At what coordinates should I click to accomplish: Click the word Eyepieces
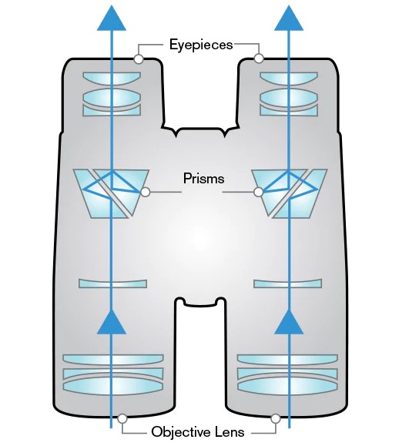tap(201, 45)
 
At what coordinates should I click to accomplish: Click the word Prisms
tap(203, 179)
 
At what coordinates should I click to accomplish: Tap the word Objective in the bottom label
tap(180, 431)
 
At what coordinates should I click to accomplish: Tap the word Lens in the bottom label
tap(230, 432)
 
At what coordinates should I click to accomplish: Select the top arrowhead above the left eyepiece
tap(112, 18)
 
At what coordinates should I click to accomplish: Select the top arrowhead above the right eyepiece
tap(289, 18)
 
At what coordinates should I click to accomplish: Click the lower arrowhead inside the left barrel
tap(112, 322)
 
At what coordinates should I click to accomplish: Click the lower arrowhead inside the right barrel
tap(289, 322)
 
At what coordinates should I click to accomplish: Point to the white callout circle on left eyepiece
tap(139, 59)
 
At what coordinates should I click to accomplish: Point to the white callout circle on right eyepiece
tap(259, 59)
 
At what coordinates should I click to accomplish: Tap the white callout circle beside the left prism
tap(146, 193)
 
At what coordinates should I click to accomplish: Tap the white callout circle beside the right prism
tap(258, 192)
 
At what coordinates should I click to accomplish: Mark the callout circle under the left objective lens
tap(122, 418)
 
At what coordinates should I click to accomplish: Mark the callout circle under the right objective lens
tap(275, 419)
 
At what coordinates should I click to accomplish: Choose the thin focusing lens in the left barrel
tap(113, 283)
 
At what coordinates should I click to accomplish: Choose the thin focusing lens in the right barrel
tap(287, 283)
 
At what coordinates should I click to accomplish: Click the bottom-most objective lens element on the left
tap(113, 385)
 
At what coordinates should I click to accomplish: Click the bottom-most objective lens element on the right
tap(287, 385)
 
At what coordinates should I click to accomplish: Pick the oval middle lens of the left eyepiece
tap(112, 98)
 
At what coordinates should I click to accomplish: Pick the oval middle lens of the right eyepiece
tap(289, 98)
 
